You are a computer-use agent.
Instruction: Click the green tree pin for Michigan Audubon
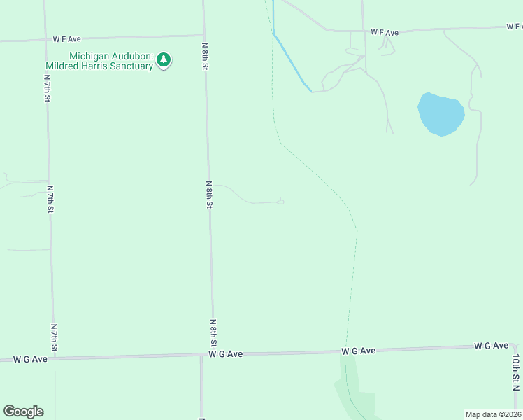(164, 60)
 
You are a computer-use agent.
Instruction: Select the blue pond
(440, 113)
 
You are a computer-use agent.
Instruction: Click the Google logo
(23, 412)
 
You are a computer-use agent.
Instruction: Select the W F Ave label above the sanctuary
(69, 40)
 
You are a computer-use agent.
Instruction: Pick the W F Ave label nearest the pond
(384, 33)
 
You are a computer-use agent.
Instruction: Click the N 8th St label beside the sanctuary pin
(206, 55)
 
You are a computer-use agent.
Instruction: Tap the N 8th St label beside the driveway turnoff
(209, 194)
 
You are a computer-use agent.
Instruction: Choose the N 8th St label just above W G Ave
(213, 333)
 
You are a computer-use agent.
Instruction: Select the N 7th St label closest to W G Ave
(53, 337)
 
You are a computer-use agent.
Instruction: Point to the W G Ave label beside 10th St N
(491, 346)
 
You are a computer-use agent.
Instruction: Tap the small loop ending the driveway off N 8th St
(281, 202)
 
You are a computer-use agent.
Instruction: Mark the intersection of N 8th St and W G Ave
(213, 355)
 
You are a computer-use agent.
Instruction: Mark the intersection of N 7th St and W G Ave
(53, 358)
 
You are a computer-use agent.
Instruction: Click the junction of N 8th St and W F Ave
(204, 36)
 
